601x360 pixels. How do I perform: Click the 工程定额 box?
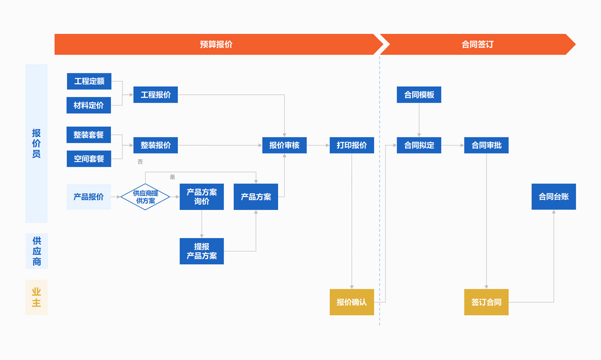(x=89, y=81)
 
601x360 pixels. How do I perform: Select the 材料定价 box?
(x=89, y=105)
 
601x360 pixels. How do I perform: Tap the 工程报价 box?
(x=155, y=95)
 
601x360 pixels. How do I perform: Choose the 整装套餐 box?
(x=89, y=135)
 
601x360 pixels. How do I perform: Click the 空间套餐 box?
(x=89, y=159)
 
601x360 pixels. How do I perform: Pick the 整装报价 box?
(x=155, y=145)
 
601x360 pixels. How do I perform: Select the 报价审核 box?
(x=284, y=145)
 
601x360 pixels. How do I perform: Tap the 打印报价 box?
(x=352, y=145)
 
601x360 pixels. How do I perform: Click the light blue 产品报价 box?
(x=89, y=197)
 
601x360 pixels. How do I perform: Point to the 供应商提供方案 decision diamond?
(x=145, y=197)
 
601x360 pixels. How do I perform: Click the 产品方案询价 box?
(x=201, y=197)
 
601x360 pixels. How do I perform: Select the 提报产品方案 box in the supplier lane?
(x=201, y=251)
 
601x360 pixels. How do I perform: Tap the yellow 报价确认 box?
(x=352, y=302)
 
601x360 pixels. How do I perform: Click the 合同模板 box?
(x=419, y=95)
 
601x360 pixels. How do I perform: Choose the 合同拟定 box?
(x=419, y=145)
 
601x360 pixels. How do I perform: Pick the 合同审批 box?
(x=486, y=145)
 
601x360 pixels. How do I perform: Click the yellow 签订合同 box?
(x=486, y=302)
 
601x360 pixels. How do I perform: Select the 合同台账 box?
(x=554, y=197)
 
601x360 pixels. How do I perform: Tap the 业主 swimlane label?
(x=37, y=297)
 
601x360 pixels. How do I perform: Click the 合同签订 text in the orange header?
(x=478, y=45)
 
